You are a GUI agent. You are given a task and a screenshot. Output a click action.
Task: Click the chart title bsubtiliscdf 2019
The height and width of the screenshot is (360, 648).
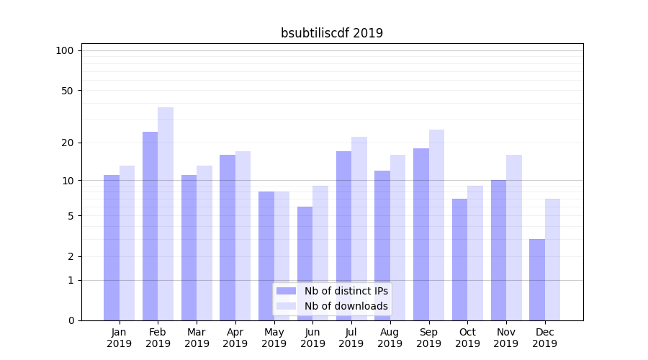331,33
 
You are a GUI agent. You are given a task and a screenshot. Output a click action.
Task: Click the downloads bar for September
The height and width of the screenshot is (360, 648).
436,225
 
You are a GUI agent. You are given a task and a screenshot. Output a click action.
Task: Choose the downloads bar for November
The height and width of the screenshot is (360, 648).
514,237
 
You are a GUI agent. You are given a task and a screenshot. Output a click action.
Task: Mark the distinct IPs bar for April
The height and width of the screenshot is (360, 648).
228,237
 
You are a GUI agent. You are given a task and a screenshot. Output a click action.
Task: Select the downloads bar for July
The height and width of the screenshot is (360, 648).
359,228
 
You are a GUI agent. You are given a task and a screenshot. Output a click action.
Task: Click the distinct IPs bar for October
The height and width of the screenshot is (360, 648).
459,259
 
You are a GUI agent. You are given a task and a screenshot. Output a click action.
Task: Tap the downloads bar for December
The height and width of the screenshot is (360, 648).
552,259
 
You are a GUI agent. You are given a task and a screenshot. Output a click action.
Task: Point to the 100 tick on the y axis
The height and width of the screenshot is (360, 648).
65,50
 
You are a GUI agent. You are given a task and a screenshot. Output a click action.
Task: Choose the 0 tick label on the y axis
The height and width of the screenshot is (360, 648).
71,320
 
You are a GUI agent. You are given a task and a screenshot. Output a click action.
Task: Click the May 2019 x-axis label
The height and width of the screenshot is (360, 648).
274,338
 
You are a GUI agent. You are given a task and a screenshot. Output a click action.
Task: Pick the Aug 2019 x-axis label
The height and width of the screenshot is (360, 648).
390,338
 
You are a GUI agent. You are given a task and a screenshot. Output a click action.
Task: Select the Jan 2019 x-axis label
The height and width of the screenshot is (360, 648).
119,338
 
